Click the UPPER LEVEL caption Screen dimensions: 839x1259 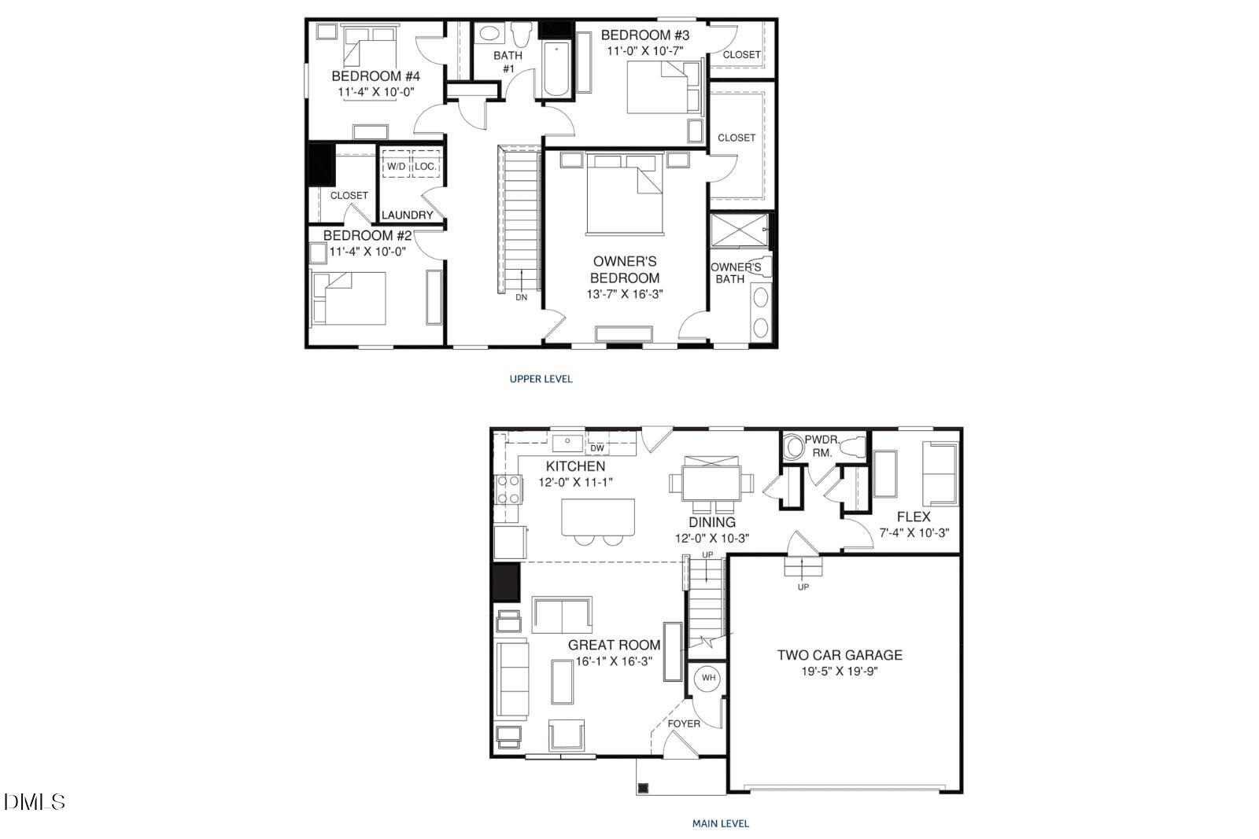tap(541, 379)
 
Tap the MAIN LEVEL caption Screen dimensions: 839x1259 tap(720, 824)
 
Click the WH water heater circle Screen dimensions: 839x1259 tap(708, 678)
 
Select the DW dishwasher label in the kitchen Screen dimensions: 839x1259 tap(597, 448)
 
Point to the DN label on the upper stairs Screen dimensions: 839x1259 tap(521, 297)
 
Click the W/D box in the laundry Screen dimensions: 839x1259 tap(396, 167)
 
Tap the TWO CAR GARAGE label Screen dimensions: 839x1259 tap(840, 655)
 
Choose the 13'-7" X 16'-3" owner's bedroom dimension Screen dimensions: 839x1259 tap(625, 295)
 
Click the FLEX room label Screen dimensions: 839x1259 tap(914, 517)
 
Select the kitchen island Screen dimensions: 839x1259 tap(598, 517)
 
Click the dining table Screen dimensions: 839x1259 tap(711, 482)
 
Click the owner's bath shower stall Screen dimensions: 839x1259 tap(739, 230)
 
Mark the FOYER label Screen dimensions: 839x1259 tap(684, 723)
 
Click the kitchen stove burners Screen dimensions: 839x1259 tap(508, 489)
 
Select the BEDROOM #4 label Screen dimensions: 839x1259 tap(375, 76)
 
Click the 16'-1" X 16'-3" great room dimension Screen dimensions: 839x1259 tap(614, 662)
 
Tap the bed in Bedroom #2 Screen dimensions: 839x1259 tap(350, 298)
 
